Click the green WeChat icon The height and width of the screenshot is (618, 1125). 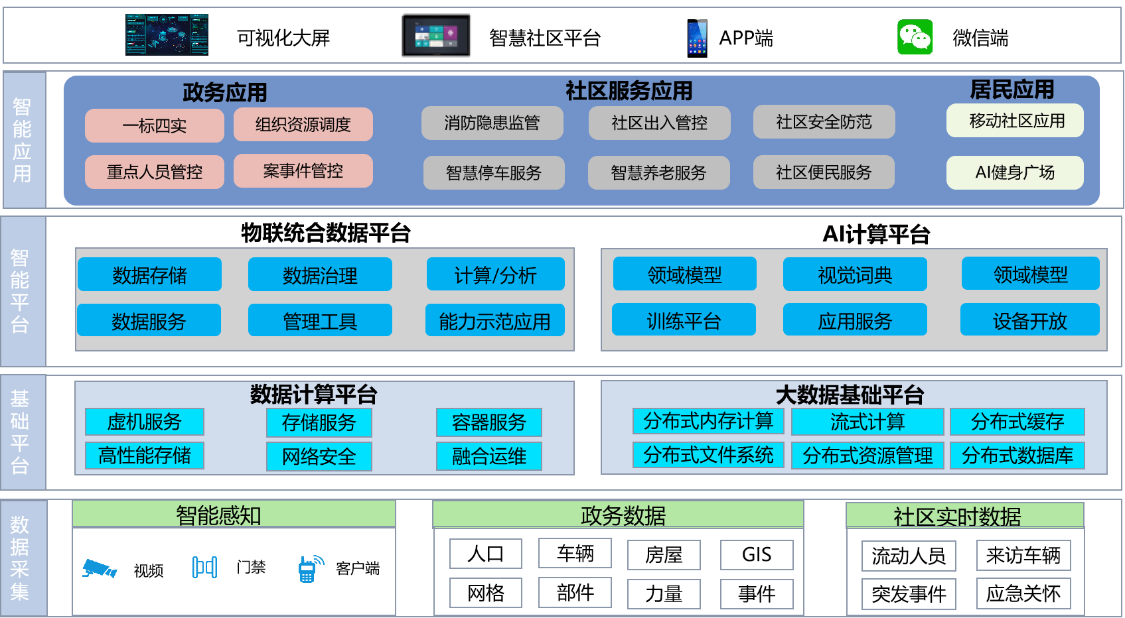[915, 37]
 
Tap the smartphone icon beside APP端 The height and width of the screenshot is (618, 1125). [697, 38]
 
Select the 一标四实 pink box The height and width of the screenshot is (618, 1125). [154, 125]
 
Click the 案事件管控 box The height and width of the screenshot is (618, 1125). [303, 171]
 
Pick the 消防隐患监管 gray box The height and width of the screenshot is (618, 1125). [492, 123]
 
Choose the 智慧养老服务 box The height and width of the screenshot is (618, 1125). [658, 172]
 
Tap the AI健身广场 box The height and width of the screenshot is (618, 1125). [1015, 172]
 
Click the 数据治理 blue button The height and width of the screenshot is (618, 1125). [320, 275]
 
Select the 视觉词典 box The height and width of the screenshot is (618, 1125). [855, 275]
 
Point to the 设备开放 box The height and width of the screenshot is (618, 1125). [1029, 320]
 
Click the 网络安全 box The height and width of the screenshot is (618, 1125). [319, 456]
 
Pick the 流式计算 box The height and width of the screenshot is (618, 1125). [867, 421]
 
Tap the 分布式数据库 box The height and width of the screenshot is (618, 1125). [1017, 456]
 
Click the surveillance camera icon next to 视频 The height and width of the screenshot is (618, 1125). [100, 568]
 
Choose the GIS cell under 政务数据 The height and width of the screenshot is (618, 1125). [757, 555]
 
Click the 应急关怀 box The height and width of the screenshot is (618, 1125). [1023, 593]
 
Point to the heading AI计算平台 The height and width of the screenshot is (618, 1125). [876, 234]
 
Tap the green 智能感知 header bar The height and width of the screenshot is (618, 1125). [234, 514]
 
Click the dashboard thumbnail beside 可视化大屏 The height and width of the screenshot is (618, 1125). [167, 34]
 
